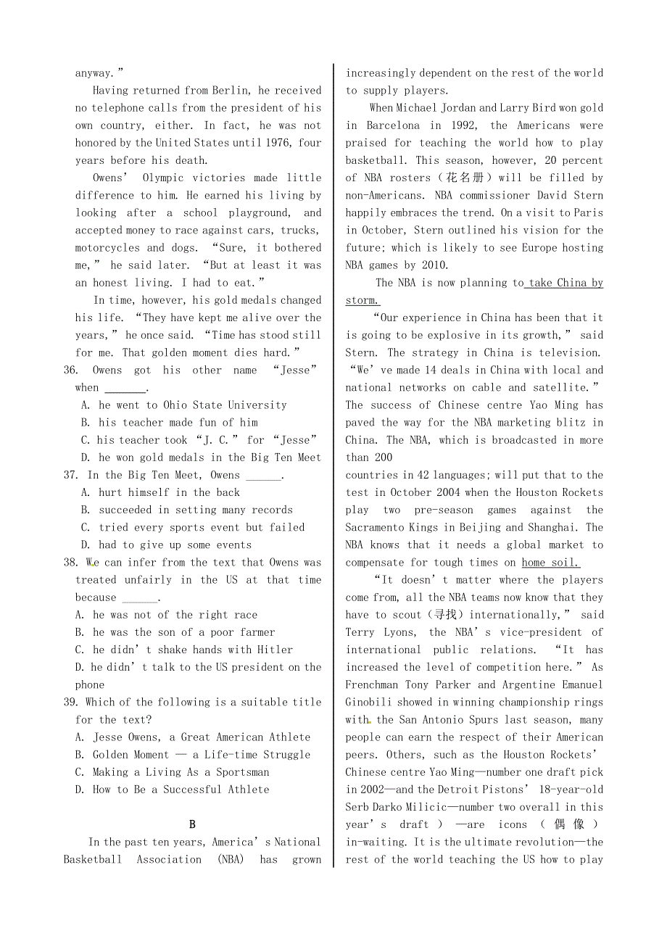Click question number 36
tap(70, 370)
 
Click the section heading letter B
tap(192, 824)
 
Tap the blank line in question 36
tap(125, 389)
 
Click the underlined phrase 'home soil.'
tap(551, 563)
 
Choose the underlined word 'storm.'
tap(362, 301)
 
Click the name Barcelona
tap(394, 125)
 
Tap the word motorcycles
tap(108, 248)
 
